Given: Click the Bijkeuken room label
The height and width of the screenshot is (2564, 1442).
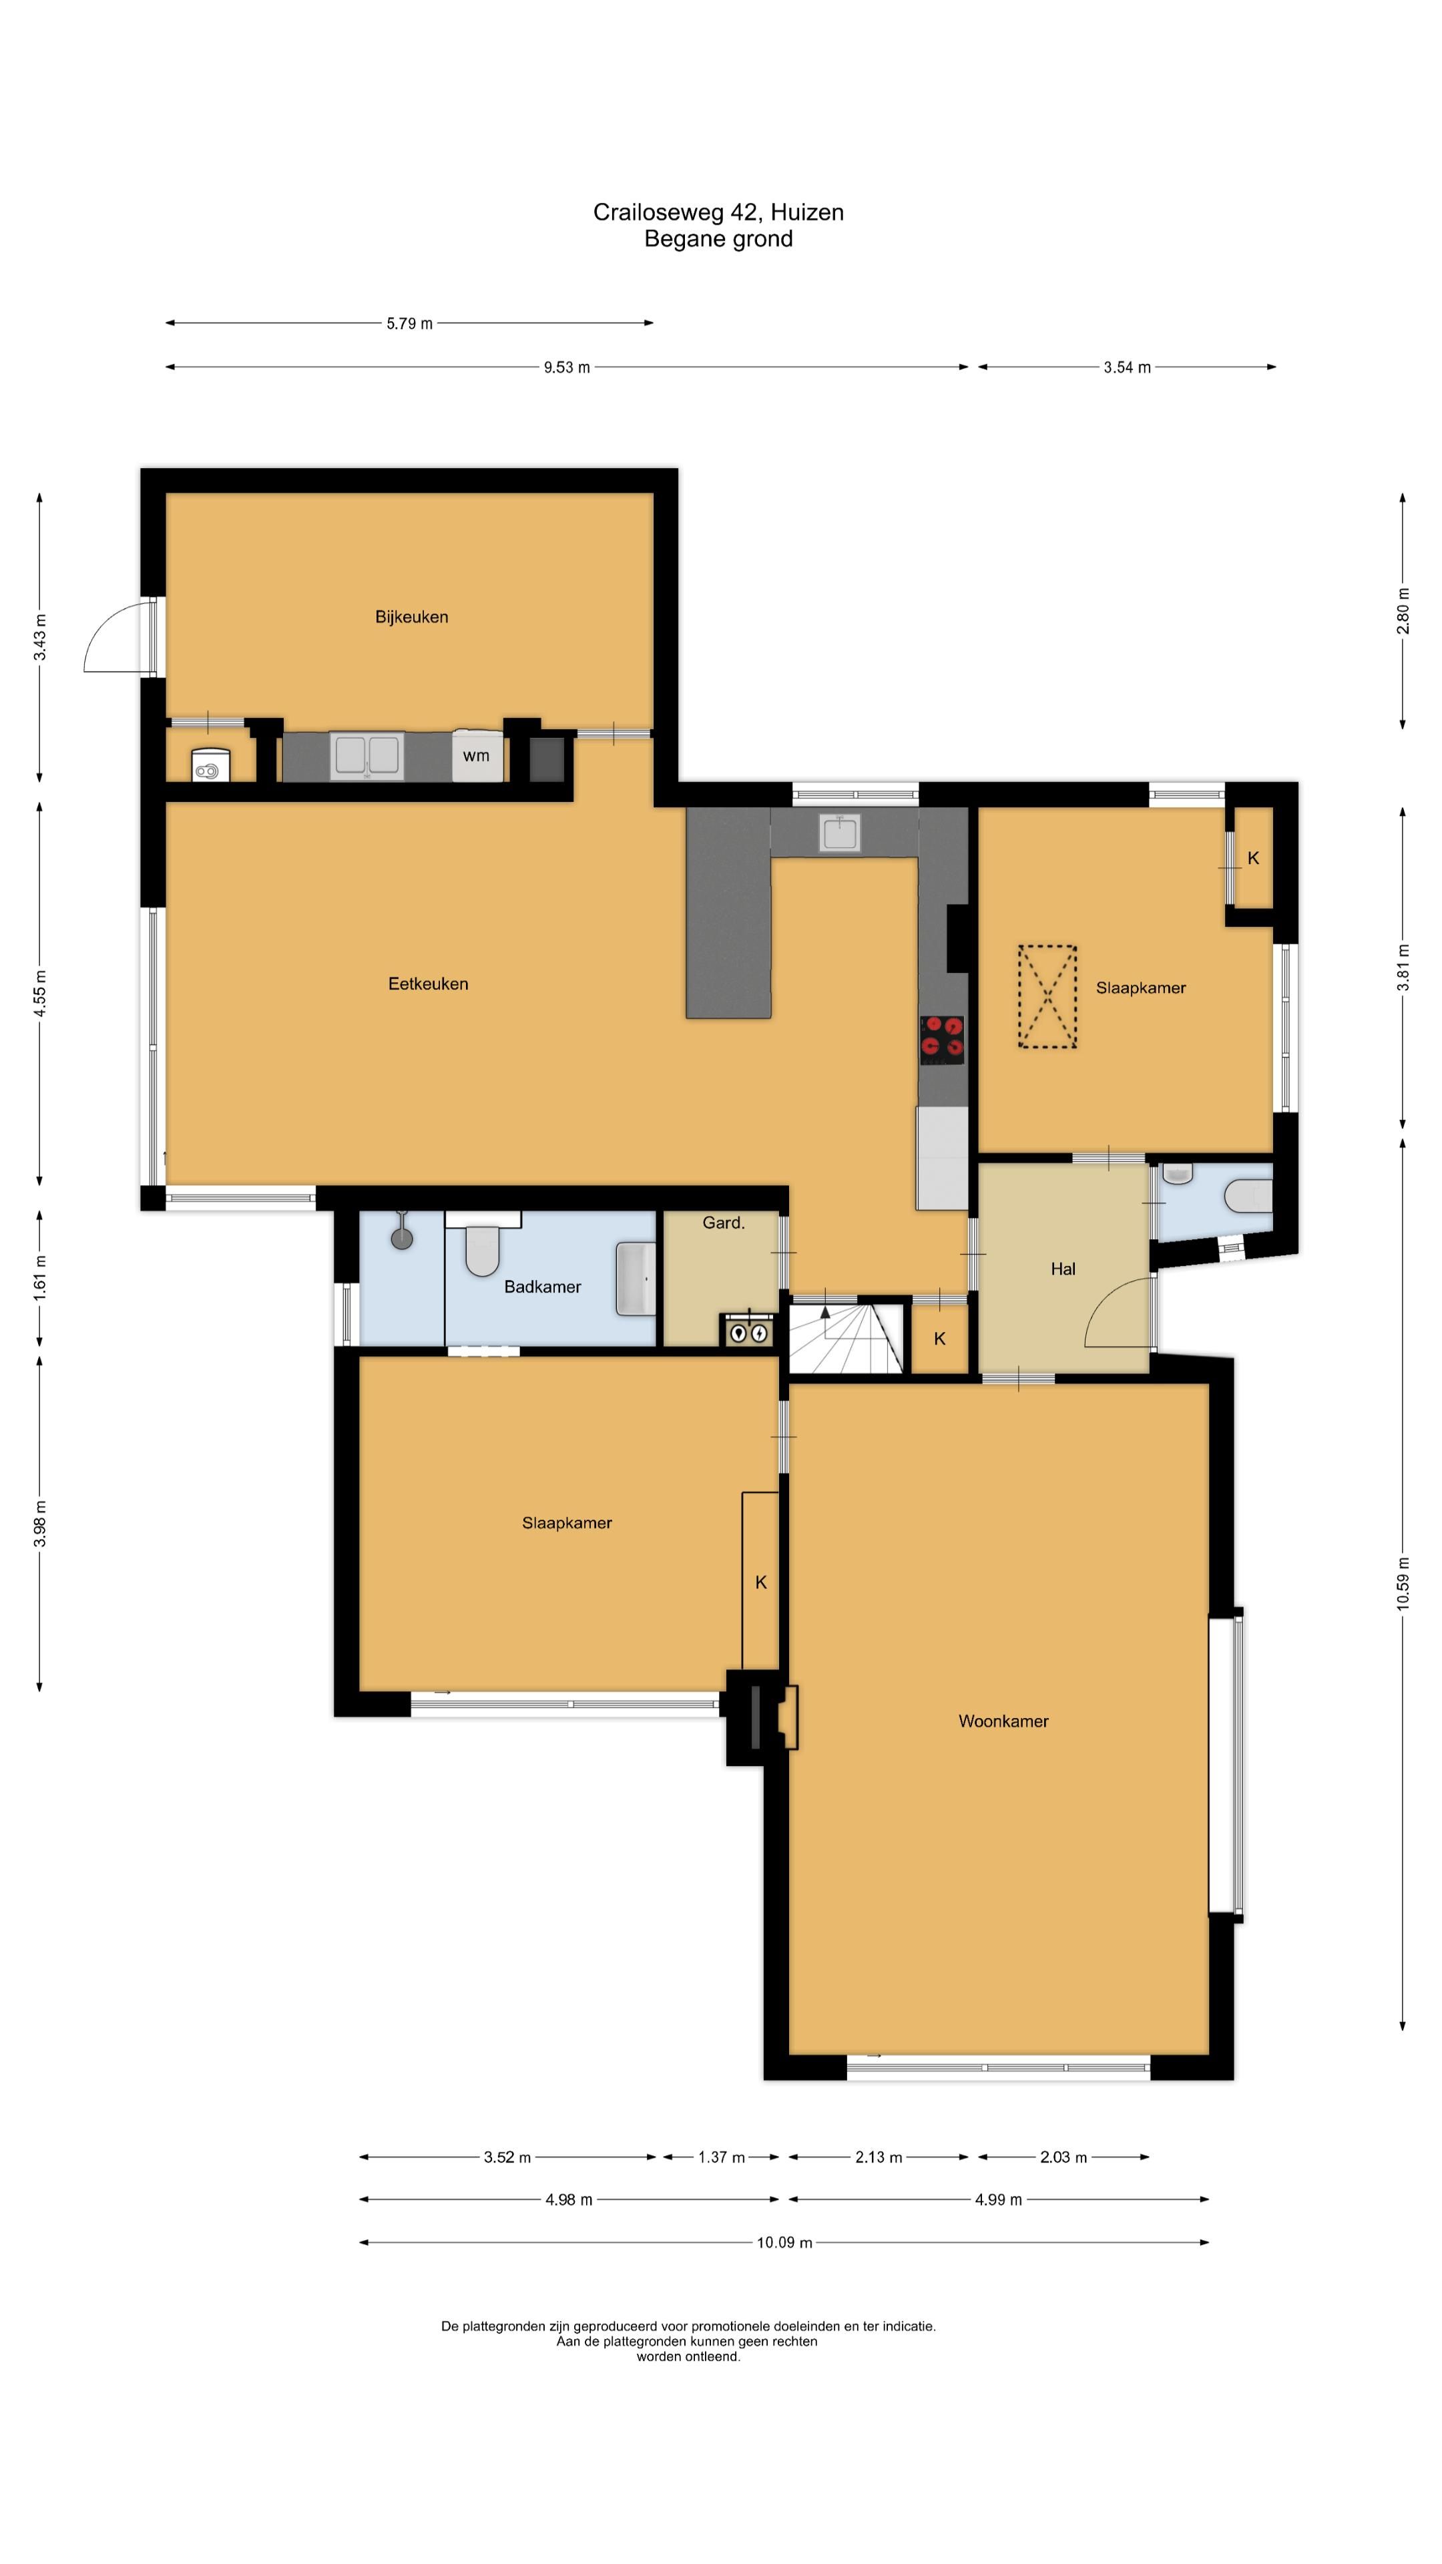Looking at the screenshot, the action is pyautogui.click(x=411, y=617).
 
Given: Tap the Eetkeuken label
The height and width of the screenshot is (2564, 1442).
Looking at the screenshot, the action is pyautogui.click(x=428, y=984).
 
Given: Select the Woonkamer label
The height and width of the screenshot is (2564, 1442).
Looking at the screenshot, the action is pyautogui.click(x=1003, y=1721).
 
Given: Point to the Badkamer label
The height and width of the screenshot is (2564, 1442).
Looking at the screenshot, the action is pyautogui.click(x=542, y=1287).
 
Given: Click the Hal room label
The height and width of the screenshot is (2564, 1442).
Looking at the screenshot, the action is pyautogui.click(x=1063, y=1269).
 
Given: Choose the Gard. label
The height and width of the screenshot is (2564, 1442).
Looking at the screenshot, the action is pyautogui.click(x=724, y=1223).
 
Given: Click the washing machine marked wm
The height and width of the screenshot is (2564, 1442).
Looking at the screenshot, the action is pyautogui.click(x=477, y=755).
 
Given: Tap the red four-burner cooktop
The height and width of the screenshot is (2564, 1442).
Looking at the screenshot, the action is pyautogui.click(x=941, y=1035).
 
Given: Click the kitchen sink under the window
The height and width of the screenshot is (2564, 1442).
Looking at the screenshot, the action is pyautogui.click(x=840, y=833).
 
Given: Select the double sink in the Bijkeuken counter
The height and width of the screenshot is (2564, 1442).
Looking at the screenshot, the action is pyautogui.click(x=367, y=755).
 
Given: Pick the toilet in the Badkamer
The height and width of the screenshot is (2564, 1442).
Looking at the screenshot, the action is pyautogui.click(x=483, y=1244).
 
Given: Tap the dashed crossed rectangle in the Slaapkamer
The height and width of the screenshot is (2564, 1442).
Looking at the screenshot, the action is pyautogui.click(x=1047, y=996).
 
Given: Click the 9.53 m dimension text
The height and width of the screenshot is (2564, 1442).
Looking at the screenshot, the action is pyautogui.click(x=566, y=367).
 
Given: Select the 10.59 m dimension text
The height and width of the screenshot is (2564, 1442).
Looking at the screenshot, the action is pyautogui.click(x=1403, y=1582).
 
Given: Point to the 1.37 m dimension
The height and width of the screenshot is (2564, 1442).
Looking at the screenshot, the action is pyautogui.click(x=722, y=2157).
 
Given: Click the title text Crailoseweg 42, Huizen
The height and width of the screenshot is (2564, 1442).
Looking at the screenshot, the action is pyautogui.click(x=718, y=212).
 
